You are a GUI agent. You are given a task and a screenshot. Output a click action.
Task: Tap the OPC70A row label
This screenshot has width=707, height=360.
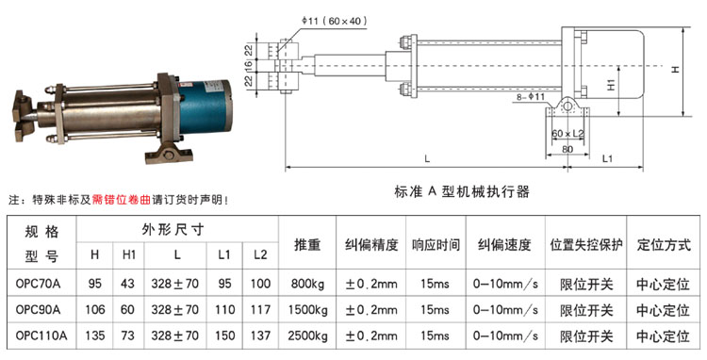coord(38,284)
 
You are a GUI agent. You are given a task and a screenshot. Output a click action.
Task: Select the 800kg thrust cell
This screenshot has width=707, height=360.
coord(307,284)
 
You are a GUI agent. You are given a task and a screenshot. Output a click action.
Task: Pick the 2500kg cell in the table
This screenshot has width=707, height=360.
coord(307,336)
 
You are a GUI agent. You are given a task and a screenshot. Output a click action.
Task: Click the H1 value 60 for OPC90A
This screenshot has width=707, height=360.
coord(127,310)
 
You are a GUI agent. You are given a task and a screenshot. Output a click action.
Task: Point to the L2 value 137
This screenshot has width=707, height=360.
coord(260,336)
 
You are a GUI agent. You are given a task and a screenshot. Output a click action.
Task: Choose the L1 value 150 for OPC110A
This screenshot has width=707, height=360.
coord(224,336)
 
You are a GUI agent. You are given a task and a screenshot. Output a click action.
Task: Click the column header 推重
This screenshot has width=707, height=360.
coord(307,245)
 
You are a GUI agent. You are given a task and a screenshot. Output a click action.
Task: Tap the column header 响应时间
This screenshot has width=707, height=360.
coord(436,245)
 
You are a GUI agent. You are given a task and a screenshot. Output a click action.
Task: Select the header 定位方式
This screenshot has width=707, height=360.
coord(664,245)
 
